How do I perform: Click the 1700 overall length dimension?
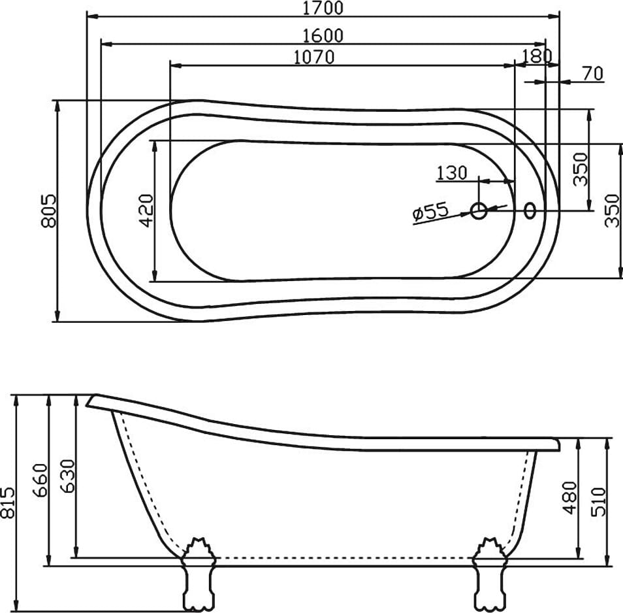pos(323,8)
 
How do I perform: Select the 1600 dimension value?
pos(323,36)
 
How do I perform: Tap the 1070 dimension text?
pos(313,58)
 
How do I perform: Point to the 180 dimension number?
pos(537,56)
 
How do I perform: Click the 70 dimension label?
pos(592,74)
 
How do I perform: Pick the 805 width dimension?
pos(48,211)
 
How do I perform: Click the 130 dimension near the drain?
pos(452,173)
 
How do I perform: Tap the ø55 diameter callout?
pos(430,212)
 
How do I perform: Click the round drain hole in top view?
pos(479,210)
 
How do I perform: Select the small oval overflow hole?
pos(530,210)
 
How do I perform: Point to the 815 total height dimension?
pos(7,503)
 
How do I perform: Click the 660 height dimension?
pos(40,480)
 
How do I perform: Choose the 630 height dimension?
pos(67,476)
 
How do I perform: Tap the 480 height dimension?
pos(570,498)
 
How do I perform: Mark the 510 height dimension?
pos(599,501)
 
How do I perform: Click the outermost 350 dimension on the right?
pos(611,210)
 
